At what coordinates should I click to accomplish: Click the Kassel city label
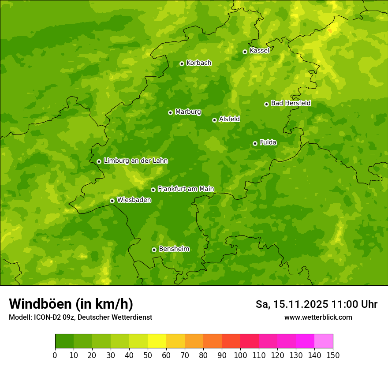point(259,51)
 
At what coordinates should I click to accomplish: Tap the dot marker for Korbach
point(182,63)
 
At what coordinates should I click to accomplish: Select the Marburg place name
point(188,112)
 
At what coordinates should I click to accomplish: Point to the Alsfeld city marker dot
point(214,120)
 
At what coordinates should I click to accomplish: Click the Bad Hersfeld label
point(291,103)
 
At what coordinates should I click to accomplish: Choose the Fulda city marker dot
point(255,143)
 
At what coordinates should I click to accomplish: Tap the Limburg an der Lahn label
point(135,161)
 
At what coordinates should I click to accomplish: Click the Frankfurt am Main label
point(186,189)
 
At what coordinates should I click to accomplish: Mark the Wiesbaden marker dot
point(112,201)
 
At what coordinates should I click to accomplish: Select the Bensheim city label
point(174,249)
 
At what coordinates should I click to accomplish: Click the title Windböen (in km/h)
point(71,304)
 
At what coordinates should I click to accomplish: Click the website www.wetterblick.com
point(318,317)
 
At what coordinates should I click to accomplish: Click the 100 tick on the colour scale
point(240,355)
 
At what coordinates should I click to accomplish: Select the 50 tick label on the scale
point(148,355)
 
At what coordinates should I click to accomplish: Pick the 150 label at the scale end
point(333,355)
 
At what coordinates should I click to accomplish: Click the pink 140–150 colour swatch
point(324,341)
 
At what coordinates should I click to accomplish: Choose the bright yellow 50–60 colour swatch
point(157,341)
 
